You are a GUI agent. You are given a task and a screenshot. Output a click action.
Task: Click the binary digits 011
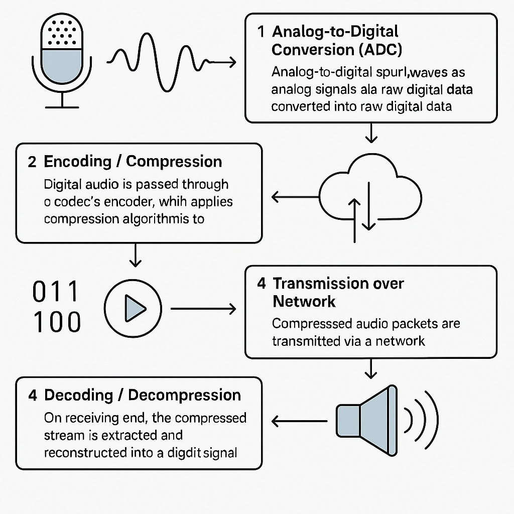pos(55,292)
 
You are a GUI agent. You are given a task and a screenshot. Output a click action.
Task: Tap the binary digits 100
pos(56,322)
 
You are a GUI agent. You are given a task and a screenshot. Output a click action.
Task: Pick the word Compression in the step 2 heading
pos(174,162)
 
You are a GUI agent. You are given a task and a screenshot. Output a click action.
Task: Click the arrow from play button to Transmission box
pos(203,309)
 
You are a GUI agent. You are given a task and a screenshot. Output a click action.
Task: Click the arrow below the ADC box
pos(370,133)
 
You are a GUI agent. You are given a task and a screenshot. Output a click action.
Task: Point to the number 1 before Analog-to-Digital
pos(261,32)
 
